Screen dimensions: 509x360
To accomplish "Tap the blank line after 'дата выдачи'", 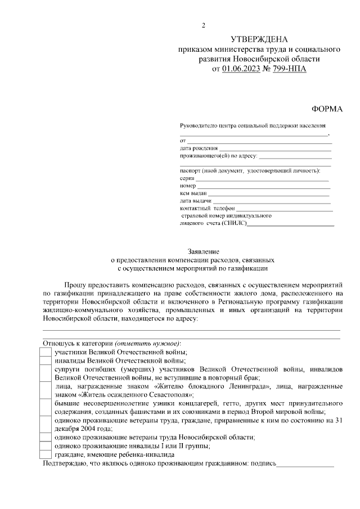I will pyautogui.click(x=271, y=202).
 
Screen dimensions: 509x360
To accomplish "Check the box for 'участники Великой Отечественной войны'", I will pyautogui.click(x=46, y=352).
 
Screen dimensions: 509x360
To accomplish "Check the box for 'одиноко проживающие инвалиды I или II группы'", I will pyautogui.click(x=46, y=445).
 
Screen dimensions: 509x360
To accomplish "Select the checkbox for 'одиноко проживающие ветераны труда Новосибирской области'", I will pyautogui.click(x=46, y=437).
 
